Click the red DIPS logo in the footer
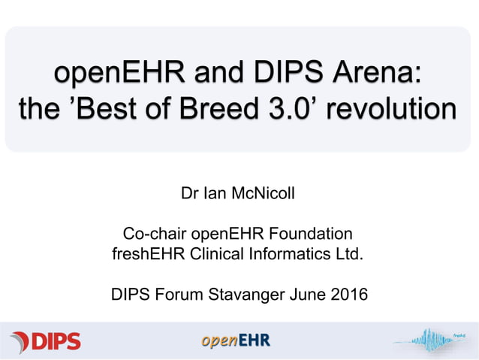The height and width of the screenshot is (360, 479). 46,341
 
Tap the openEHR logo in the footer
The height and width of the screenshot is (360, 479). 235,341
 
